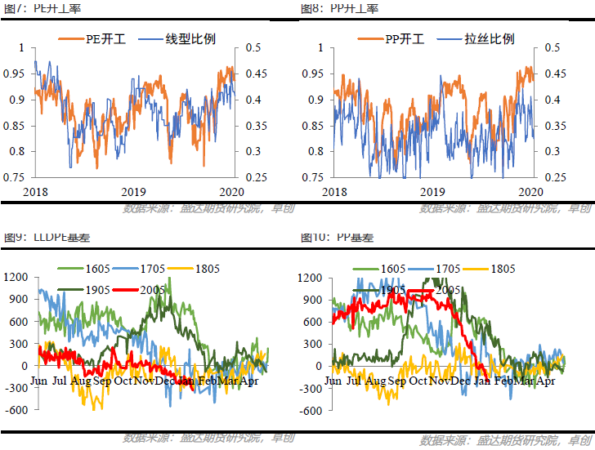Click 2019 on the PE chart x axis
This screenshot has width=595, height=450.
pyautogui.click(x=133, y=191)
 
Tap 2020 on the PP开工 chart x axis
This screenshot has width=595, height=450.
pyautogui.click(x=531, y=191)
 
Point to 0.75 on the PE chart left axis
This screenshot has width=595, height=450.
pyautogui.click(x=15, y=177)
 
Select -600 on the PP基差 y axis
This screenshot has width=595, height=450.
pyautogui.click(x=311, y=411)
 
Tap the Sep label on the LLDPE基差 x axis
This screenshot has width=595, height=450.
pyautogui.click(x=102, y=381)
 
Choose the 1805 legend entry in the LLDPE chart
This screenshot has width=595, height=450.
pyautogui.click(x=210, y=269)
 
